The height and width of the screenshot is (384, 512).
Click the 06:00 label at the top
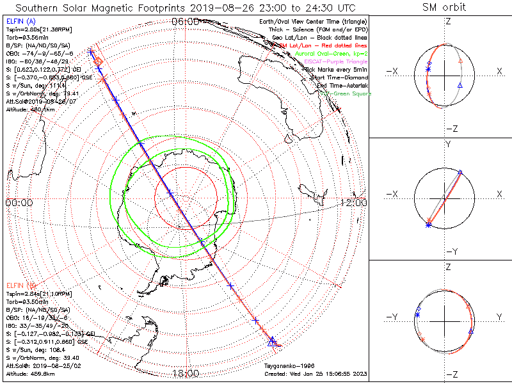pyautogui.click(x=185, y=22)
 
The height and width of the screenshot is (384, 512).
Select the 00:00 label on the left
pyautogui.click(x=19, y=203)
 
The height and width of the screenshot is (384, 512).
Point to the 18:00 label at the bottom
pyautogui.click(x=185, y=372)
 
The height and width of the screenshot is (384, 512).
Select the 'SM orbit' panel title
pyautogui.click(x=444, y=8)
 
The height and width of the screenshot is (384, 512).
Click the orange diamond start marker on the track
pyautogui.click(x=99, y=61)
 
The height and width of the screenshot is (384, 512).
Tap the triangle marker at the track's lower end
pyautogui.click(x=273, y=342)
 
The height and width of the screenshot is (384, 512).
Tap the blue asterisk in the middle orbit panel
pyautogui.click(x=428, y=225)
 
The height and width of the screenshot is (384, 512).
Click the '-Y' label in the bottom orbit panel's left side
pyautogui.click(x=394, y=317)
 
